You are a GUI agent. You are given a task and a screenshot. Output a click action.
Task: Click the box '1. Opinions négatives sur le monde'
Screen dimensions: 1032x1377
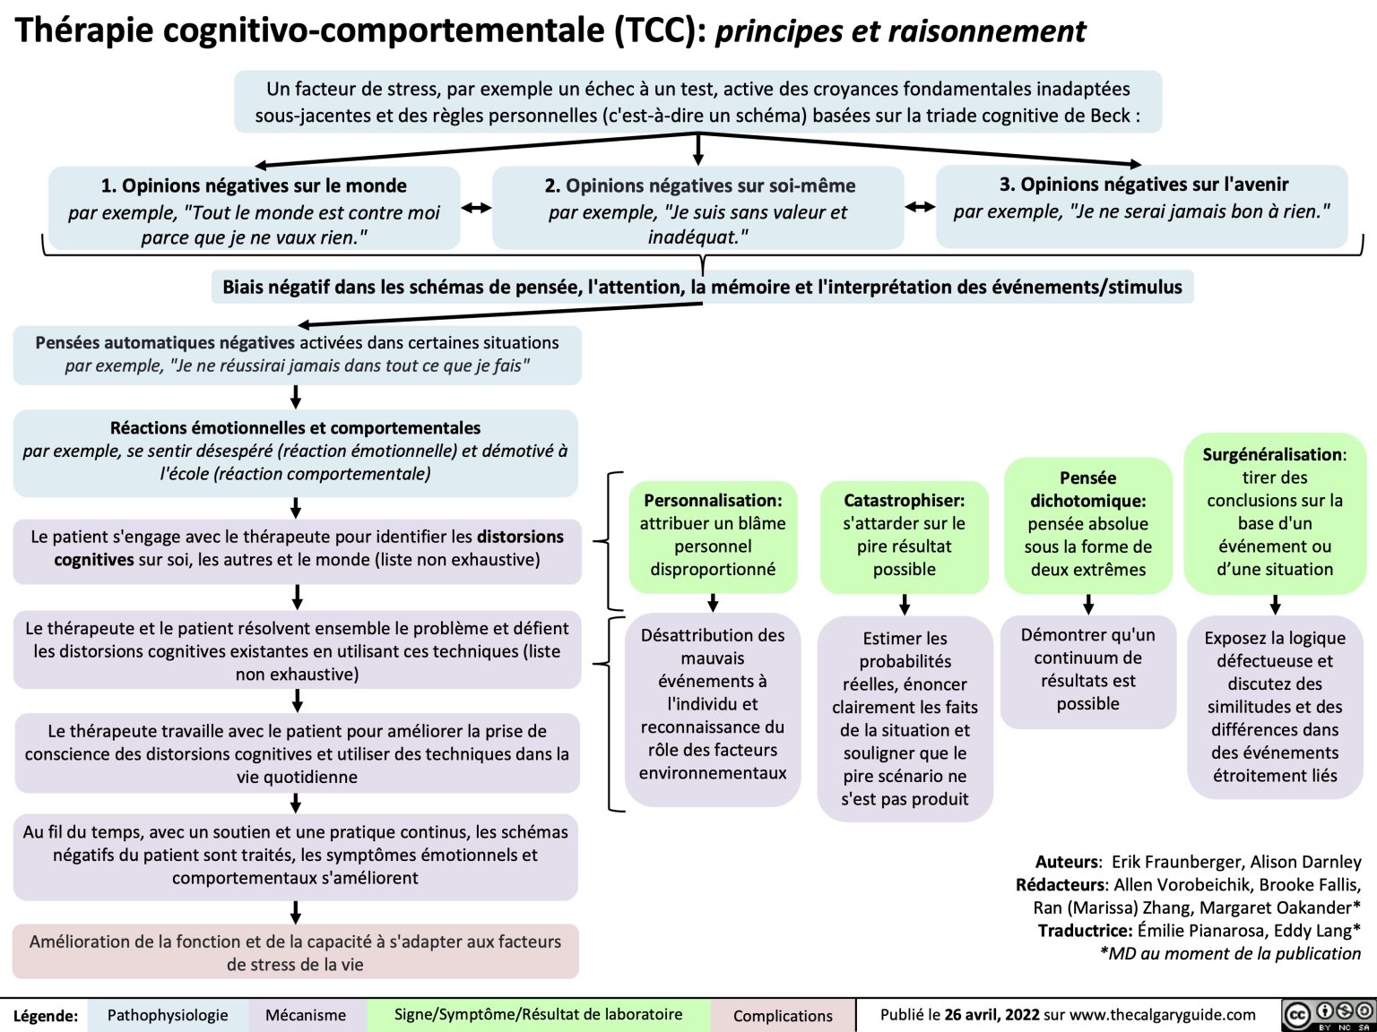[254, 211]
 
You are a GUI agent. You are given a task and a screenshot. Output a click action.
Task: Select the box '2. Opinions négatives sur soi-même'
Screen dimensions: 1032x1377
[698, 211]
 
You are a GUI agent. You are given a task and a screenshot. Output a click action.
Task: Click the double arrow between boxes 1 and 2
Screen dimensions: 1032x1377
[476, 208]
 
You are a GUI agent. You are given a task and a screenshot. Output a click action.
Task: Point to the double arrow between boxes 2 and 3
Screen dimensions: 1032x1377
[920, 207]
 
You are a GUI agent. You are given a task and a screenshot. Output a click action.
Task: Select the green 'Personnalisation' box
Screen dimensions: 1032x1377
[713, 535]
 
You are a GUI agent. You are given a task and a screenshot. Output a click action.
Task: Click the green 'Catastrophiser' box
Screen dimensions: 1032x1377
[904, 535]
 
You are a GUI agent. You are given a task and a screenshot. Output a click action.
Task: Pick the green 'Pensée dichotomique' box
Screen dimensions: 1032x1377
[1087, 524]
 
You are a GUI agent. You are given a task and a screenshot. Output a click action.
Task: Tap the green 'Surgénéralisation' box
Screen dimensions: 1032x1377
[1274, 512]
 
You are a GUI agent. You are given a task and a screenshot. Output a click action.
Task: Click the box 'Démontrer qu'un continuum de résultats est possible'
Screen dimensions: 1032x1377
[1087, 669]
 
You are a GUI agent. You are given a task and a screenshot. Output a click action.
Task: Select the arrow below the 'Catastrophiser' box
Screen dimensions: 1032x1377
[905, 605]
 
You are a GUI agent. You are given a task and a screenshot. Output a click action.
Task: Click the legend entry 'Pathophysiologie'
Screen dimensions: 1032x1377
[168, 1015]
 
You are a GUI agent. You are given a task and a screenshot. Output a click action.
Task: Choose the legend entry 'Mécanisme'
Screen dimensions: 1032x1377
[306, 1015]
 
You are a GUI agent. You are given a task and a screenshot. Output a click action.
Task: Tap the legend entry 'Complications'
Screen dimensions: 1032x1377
[783, 1015]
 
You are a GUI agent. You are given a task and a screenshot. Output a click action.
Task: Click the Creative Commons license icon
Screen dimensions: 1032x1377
[1329, 1014]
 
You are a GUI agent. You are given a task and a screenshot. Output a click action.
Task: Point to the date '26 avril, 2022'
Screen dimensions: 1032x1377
[992, 1014]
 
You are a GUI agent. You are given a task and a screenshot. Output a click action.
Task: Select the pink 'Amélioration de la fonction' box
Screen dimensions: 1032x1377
[295, 952]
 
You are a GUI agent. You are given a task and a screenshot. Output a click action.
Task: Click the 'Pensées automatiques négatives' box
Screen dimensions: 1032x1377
[297, 354]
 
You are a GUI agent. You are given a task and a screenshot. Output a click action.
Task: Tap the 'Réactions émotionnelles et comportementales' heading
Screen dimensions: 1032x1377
[295, 428]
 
